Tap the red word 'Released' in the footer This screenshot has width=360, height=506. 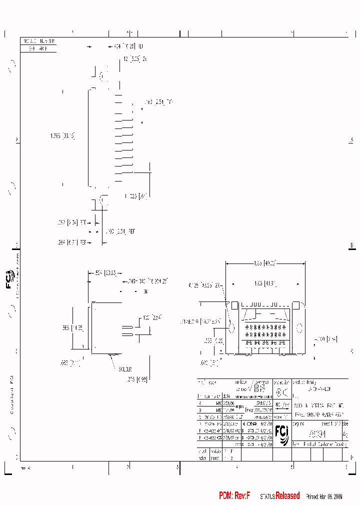click(287, 495)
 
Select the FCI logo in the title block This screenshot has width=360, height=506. click(281, 434)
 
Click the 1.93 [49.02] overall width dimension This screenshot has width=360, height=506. click(265, 262)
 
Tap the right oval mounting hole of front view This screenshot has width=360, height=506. click(299, 328)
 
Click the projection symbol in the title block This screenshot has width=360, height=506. click(282, 393)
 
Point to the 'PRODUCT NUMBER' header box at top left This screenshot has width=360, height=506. click(38, 41)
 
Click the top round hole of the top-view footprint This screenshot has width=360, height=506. click(102, 76)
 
